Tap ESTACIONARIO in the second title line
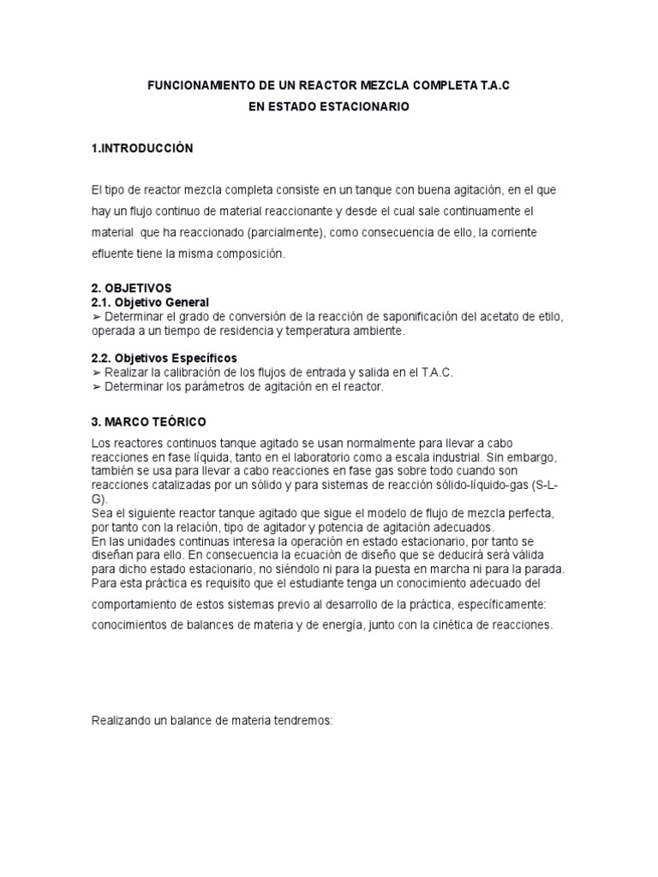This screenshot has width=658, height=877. coord(369,107)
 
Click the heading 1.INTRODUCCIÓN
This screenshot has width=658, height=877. coord(142,148)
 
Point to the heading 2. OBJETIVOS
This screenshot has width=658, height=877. coord(132,289)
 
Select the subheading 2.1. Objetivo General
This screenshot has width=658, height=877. coord(150,302)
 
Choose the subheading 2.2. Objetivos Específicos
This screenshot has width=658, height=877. coord(164,357)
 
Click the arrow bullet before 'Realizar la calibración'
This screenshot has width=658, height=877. coord(96,373)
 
